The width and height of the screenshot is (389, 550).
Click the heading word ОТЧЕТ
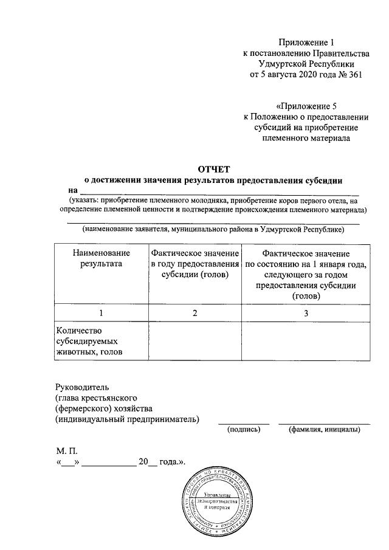(213, 168)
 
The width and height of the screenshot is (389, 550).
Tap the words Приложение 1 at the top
(306, 42)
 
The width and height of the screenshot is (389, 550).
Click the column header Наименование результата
(101, 258)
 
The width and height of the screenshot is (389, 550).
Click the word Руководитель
(81, 387)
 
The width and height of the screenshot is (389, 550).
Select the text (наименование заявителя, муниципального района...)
(214, 229)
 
